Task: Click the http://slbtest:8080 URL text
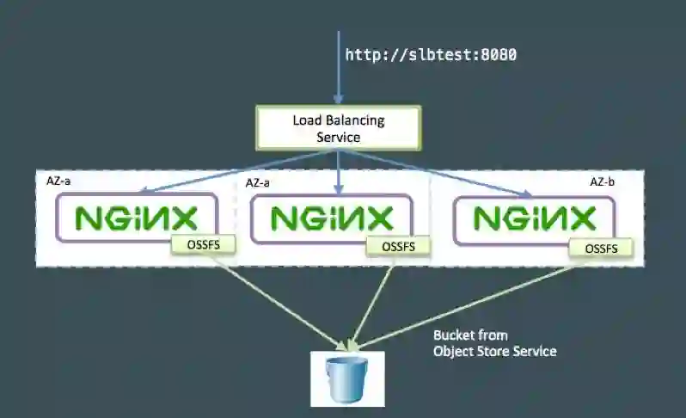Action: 431,55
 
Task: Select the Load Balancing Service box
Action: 338,127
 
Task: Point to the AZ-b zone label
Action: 602,182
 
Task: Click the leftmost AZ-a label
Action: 58,182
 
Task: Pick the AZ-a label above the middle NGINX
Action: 259,182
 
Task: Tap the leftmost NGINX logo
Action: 137,218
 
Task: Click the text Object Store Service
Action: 494,351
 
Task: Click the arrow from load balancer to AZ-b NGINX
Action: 438,173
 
